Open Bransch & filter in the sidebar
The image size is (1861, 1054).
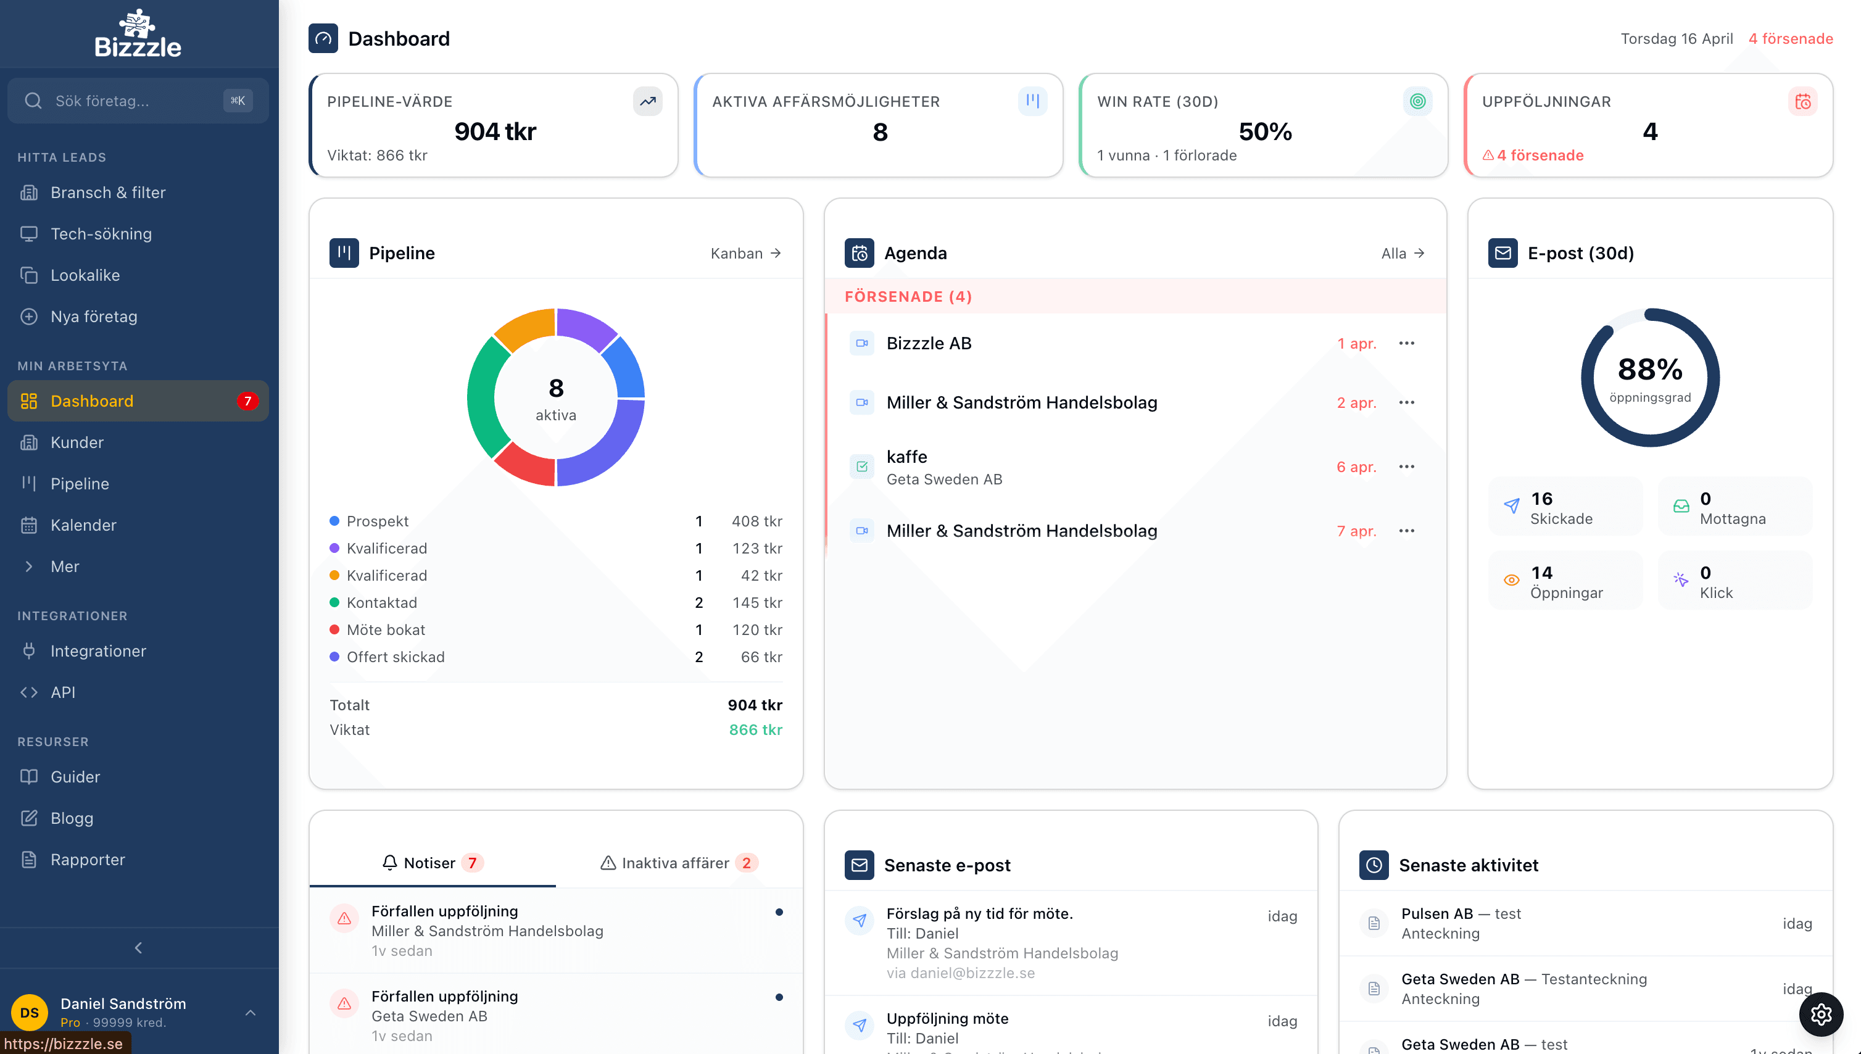(x=107, y=193)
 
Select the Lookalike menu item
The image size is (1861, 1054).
(x=85, y=275)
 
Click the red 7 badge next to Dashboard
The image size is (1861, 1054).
(x=247, y=401)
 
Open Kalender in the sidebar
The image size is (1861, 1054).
(x=83, y=525)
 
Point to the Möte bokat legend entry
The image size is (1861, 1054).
(x=385, y=630)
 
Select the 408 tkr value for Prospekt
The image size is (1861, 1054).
(x=756, y=521)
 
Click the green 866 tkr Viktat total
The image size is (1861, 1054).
(x=755, y=729)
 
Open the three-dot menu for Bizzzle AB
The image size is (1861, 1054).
(x=1406, y=343)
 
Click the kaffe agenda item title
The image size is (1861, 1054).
(x=906, y=457)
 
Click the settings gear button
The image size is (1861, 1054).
(x=1820, y=1014)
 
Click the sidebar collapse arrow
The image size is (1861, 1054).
(x=138, y=948)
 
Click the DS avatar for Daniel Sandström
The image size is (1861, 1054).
(x=30, y=1012)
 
